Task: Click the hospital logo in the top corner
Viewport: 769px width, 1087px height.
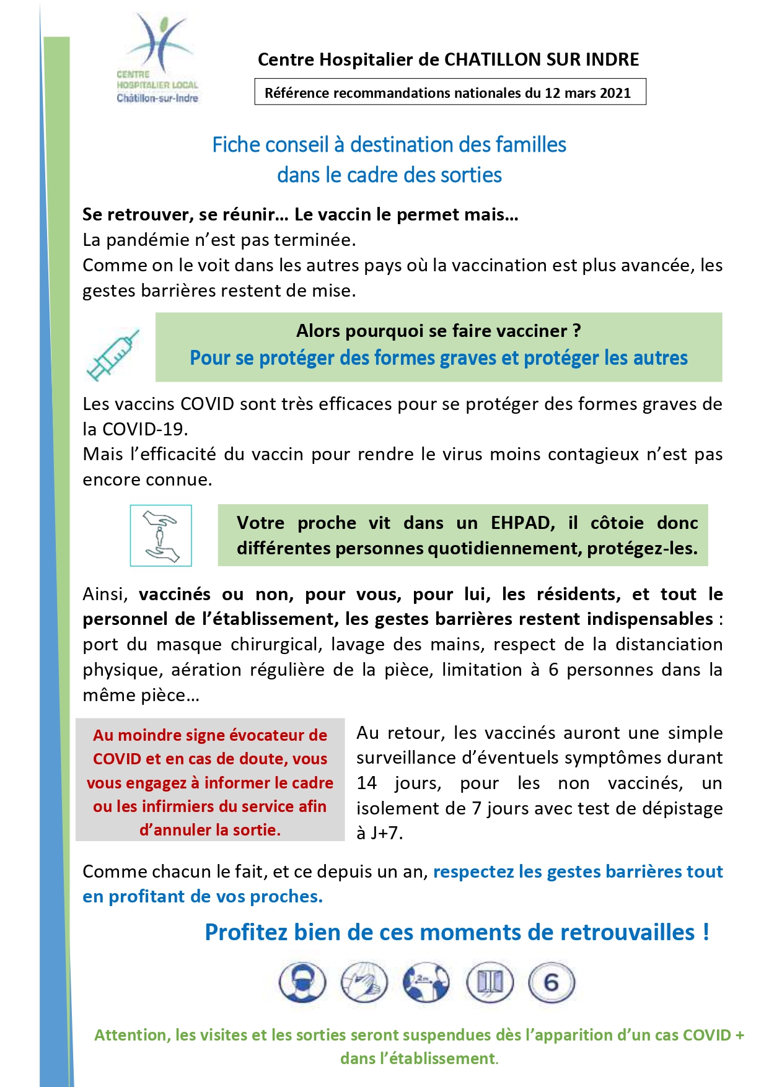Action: click(157, 59)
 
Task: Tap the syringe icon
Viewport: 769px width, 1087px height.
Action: click(113, 355)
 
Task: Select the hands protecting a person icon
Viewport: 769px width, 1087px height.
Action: click(160, 536)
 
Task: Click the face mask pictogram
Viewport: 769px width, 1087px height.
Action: click(302, 983)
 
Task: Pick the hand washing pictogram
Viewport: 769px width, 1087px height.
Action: click(364, 983)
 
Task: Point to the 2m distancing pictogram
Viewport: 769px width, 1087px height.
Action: click(426, 983)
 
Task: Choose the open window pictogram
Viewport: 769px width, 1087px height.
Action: click(490, 983)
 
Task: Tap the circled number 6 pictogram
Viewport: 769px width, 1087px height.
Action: click(551, 983)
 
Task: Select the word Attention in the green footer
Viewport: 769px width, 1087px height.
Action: click(131, 1035)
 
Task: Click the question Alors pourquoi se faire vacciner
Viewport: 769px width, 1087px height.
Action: click(438, 331)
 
